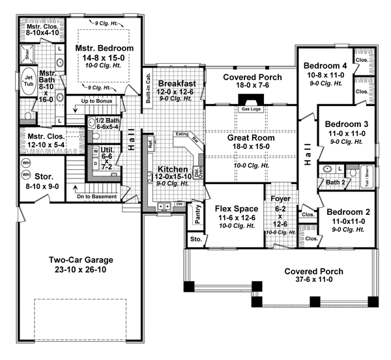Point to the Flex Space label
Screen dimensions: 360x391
(233, 208)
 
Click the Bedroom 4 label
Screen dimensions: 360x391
(325, 65)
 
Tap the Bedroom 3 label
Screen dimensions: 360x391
(347, 124)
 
